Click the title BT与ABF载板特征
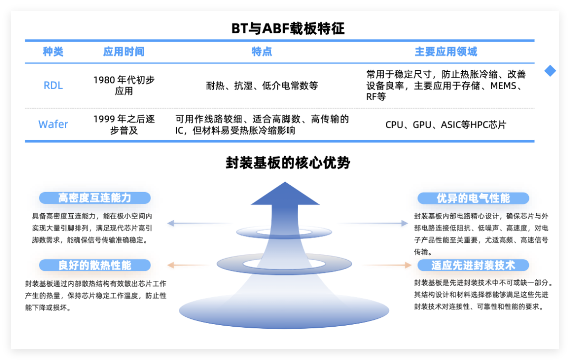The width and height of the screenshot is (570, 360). [x=288, y=28]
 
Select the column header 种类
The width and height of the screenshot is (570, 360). [x=53, y=52]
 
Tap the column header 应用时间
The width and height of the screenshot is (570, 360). [x=124, y=52]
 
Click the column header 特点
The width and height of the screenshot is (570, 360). [x=262, y=52]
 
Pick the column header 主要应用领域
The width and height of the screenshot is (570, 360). [x=446, y=52]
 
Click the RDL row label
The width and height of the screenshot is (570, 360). [x=53, y=86]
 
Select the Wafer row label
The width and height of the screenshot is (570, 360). [x=53, y=125]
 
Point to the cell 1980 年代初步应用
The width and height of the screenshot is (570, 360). [x=124, y=86]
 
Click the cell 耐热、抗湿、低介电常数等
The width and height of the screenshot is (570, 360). [x=262, y=86]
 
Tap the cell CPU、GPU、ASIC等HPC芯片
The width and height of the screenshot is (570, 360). [x=446, y=125]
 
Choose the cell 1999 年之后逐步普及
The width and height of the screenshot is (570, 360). [x=124, y=125]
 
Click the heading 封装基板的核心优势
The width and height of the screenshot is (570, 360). [x=288, y=163]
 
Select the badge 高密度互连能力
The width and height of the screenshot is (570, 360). [x=95, y=198]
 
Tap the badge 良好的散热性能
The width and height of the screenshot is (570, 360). [x=95, y=265]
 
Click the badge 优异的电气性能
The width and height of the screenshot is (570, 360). [x=473, y=198]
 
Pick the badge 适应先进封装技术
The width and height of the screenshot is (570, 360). [x=473, y=265]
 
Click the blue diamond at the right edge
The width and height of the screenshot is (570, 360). [x=550, y=71]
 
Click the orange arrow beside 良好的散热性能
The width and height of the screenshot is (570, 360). [x=188, y=265]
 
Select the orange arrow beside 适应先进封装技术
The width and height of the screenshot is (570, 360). [x=388, y=265]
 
